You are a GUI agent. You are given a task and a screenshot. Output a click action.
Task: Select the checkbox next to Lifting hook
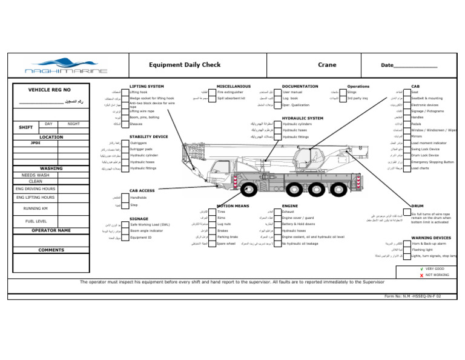click(126, 93)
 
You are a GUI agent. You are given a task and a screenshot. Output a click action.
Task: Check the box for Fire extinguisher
click(214, 93)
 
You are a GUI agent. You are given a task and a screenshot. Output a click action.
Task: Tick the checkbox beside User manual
click(278, 93)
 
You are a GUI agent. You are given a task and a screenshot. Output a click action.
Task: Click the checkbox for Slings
click(343, 93)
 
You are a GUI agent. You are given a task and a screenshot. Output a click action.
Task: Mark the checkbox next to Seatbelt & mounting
click(407, 98)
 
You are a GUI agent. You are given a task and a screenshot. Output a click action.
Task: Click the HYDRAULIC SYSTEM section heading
click(302, 118)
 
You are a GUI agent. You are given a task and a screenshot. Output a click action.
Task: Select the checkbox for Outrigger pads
click(126, 149)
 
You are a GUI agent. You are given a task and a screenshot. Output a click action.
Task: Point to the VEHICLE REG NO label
click(50, 90)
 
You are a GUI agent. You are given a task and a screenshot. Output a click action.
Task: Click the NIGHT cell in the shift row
click(73, 124)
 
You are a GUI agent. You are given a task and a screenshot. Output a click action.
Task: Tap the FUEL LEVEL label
click(37, 221)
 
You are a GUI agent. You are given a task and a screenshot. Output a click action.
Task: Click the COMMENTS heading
click(51, 250)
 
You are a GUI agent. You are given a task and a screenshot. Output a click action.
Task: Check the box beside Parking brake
click(214, 238)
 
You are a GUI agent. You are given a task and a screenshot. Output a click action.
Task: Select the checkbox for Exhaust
click(278, 212)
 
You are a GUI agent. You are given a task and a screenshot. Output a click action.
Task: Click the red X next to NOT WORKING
click(421, 275)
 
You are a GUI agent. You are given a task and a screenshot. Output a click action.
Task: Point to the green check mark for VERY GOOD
click(421, 268)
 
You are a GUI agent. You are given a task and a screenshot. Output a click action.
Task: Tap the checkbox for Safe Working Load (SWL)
click(126, 224)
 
